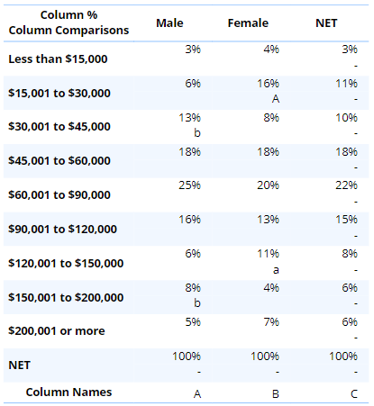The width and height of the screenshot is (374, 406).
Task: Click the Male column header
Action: click(169, 23)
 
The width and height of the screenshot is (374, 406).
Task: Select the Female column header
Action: click(248, 23)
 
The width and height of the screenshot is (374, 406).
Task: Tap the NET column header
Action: click(326, 23)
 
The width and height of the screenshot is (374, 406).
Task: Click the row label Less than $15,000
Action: click(58, 59)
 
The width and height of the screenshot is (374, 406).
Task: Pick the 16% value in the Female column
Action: click(268, 84)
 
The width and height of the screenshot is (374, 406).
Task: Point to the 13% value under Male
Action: click(189, 118)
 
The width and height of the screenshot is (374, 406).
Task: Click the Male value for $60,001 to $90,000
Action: click(189, 185)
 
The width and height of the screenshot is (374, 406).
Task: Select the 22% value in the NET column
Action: click(346, 185)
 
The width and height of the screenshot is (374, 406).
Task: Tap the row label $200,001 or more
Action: click(57, 331)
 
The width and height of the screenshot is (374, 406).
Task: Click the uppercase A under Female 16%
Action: click(276, 99)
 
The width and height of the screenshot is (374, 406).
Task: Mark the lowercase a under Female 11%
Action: click(276, 270)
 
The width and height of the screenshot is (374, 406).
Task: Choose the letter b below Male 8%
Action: click(197, 303)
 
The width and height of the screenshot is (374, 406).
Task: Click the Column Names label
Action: click(68, 392)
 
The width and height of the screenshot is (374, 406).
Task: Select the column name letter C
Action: click(354, 394)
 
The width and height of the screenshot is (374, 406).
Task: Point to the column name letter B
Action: click(276, 394)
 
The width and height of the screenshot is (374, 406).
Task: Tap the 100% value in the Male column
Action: click(187, 356)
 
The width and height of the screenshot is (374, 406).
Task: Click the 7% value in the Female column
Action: click(271, 322)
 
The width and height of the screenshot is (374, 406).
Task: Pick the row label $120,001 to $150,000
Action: click(66, 263)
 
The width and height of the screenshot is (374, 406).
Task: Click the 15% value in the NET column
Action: click(346, 220)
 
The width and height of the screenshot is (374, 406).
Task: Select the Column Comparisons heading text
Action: click(68, 31)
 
